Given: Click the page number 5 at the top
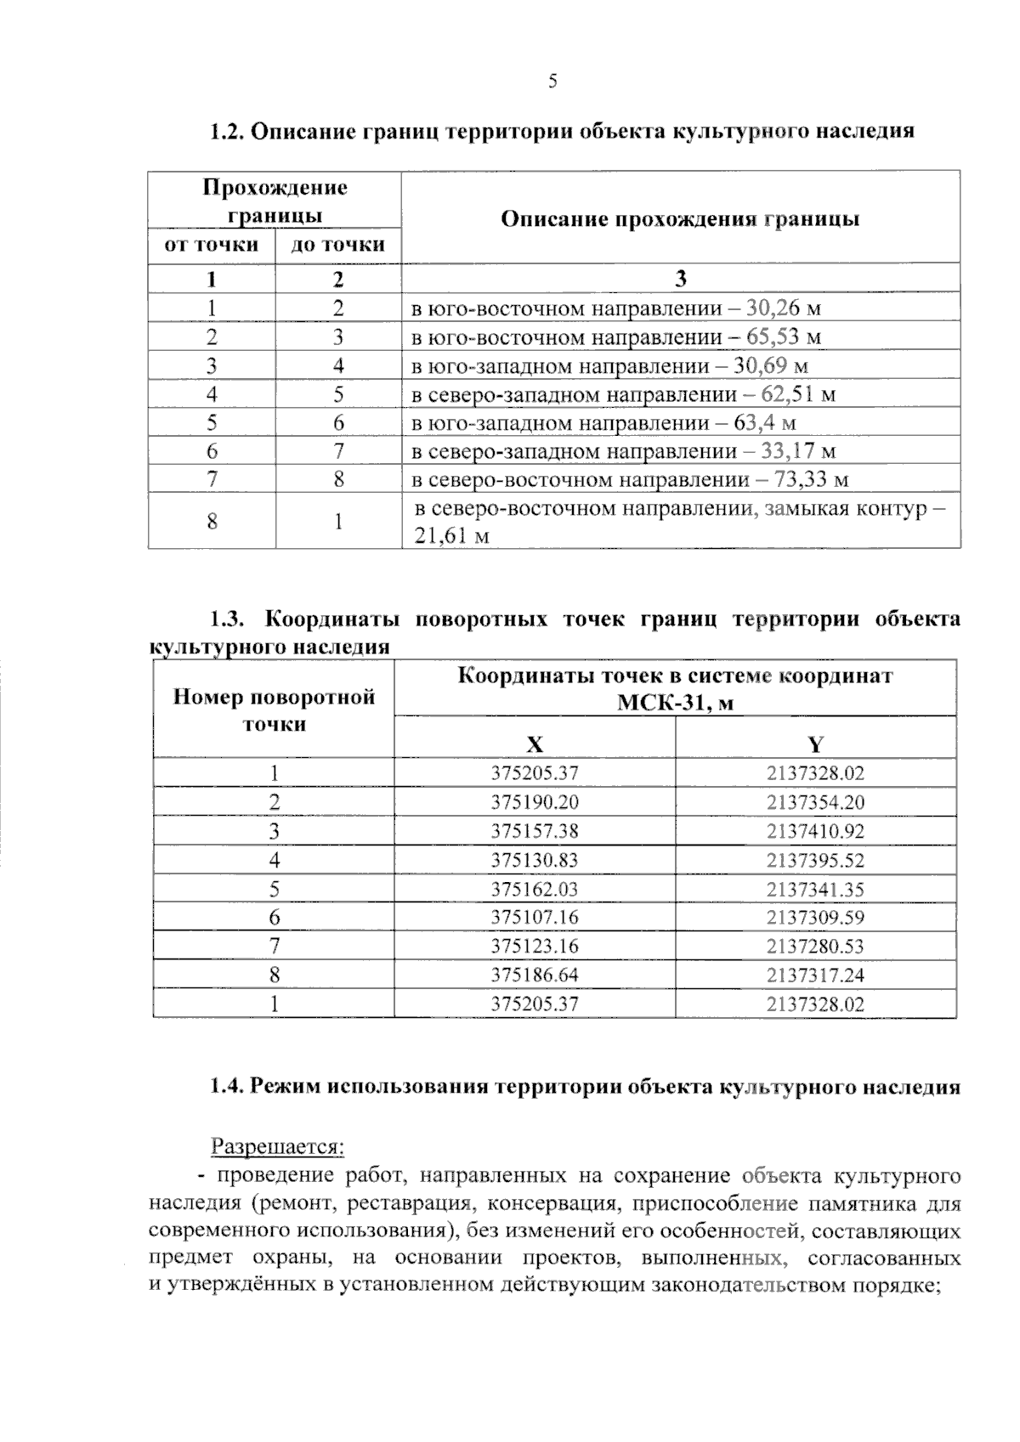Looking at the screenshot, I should tap(552, 82).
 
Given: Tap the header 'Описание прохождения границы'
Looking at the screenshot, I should tap(680, 219).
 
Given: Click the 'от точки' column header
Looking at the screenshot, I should tap(212, 246).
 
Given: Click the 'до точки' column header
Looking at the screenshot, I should tap(338, 246).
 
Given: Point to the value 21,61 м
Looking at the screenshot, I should tap(451, 536).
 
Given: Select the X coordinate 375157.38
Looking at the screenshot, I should tap(534, 831).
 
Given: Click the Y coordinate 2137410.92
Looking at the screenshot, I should tap(814, 831).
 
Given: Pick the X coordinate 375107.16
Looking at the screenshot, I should tap(534, 917).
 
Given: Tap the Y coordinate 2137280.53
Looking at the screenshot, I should tap(814, 946).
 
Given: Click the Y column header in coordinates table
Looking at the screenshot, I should tap(815, 745).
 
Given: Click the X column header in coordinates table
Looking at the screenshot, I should tap(534, 745).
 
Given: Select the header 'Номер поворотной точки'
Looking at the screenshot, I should tap(274, 710).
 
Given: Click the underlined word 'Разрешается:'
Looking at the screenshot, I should tap(277, 1147).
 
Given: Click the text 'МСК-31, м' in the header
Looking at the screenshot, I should tap(675, 703).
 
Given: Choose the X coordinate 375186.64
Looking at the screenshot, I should tap(534, 975).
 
